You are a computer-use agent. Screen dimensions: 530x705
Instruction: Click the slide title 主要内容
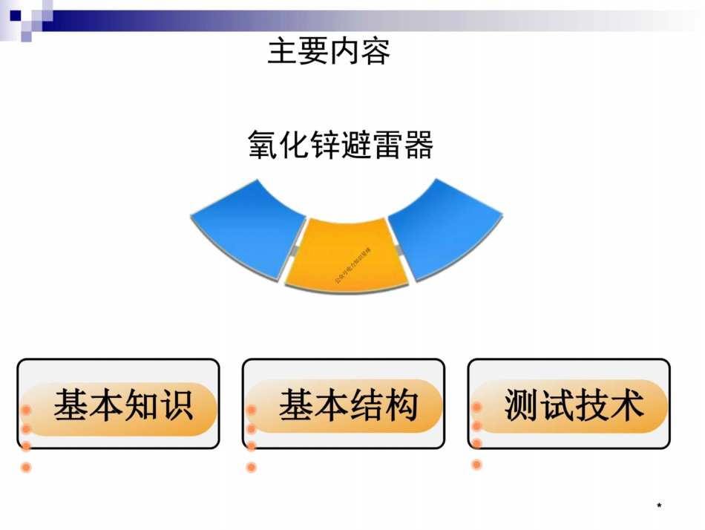(x=329, y=52)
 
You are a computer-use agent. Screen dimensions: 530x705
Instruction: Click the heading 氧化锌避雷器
(x=340, y=145)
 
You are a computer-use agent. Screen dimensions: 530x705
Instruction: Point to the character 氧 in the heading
(x=263, y=145)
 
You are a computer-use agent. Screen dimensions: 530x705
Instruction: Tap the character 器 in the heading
(x=418, y=145)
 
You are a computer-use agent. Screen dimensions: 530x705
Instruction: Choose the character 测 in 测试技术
(x=520, y=406)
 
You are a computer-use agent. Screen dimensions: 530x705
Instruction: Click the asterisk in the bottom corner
(x=659, y=507)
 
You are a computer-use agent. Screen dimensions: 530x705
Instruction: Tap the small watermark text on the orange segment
(x=353, y=265)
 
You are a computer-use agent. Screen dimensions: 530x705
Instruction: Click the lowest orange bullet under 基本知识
(x=26, y=468)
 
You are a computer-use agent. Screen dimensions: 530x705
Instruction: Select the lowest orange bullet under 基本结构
(x=252, y=468)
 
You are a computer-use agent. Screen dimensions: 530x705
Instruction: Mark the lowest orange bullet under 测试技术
(x=476, y=465)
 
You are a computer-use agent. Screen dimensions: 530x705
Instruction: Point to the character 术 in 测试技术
(x=626, y=406)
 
